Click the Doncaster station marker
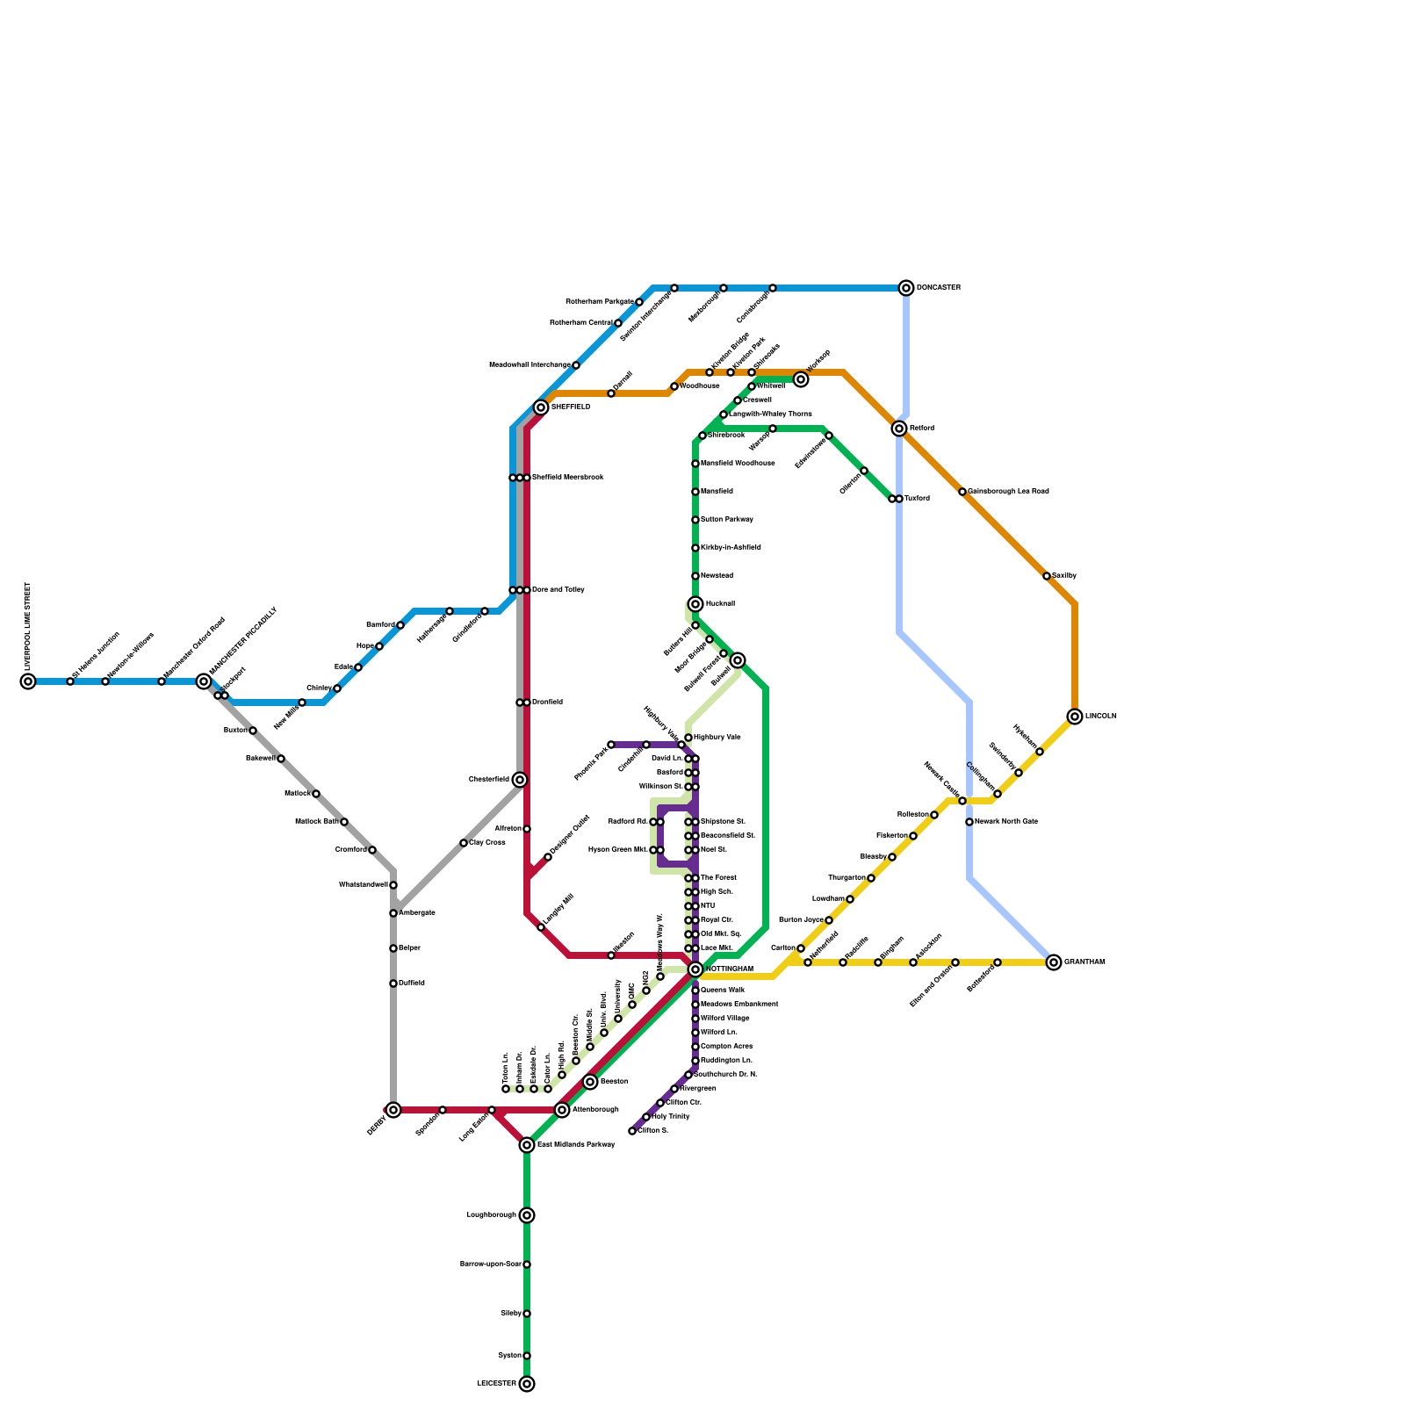906,288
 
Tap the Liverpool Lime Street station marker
28,681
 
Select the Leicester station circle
527,1384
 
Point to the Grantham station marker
1054,962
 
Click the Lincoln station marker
1075,717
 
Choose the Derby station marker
393,1110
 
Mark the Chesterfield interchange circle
520,780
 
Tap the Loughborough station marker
527,1215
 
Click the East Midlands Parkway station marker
527,1145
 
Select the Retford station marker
899,429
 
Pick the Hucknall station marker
695,604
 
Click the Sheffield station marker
541,407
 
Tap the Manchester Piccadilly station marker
204,681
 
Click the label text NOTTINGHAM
730,969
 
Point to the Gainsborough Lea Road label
1008,492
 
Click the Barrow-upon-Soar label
491,1264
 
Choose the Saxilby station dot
1047,576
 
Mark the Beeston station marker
590,1082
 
